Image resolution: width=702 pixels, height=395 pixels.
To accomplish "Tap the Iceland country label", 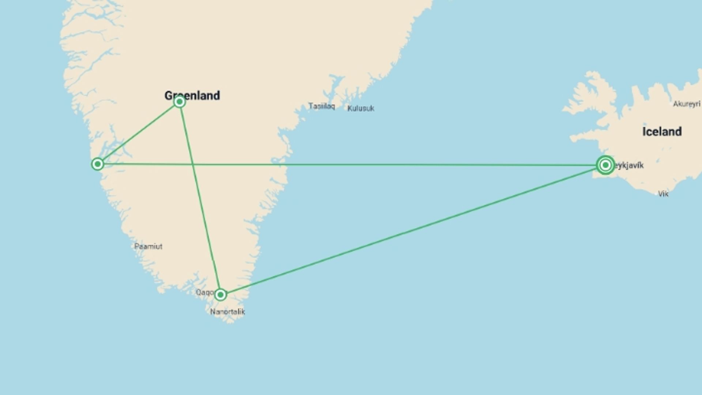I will [662, 132].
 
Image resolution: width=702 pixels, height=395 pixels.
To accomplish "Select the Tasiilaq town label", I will [321, 106].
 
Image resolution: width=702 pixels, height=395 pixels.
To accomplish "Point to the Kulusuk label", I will [361, 108].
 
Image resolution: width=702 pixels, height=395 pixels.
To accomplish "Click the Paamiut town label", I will [148, 247].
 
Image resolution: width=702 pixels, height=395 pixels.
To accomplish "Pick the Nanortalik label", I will [227, 312].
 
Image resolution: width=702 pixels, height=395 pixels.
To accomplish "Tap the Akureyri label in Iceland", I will [686, 104].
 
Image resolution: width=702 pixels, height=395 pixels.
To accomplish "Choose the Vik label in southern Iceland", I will [663, 194].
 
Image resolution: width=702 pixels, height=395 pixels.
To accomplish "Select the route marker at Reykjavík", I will [605, 165].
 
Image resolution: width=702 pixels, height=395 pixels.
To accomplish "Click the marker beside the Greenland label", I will [179, 101].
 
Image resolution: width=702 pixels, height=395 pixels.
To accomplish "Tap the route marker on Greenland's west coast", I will [97, 164].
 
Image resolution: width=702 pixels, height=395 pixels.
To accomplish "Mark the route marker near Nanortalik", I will [220, 294].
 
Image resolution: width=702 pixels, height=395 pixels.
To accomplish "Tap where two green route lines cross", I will [193, 165].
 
